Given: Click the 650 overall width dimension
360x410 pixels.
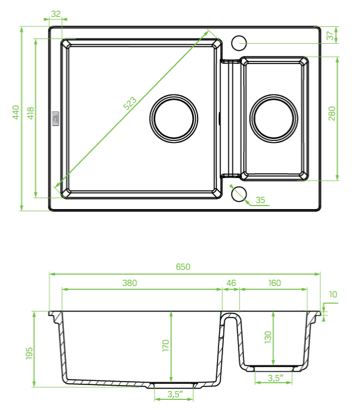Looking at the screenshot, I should [x=183, y=266].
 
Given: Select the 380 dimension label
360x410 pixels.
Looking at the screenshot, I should [x=129, y=283].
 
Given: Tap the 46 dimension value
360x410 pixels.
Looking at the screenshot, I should [x=231, y=283].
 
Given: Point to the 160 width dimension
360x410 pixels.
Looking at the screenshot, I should [x=274, y=283].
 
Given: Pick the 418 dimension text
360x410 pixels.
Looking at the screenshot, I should [x=30, y=113].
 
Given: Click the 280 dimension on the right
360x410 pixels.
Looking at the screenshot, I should [x=331, y=113].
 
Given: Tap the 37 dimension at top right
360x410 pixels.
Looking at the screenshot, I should [x=330, y=36].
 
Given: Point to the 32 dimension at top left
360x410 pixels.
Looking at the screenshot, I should [x=55, y=13].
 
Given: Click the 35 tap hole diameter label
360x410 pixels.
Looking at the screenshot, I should [x=261, y=200].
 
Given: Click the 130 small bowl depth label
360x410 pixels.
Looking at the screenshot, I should [x=268, y=336].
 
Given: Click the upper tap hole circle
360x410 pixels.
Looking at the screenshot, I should [x=239, y=43].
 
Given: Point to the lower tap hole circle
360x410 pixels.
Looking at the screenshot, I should [x=238, y=194].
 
